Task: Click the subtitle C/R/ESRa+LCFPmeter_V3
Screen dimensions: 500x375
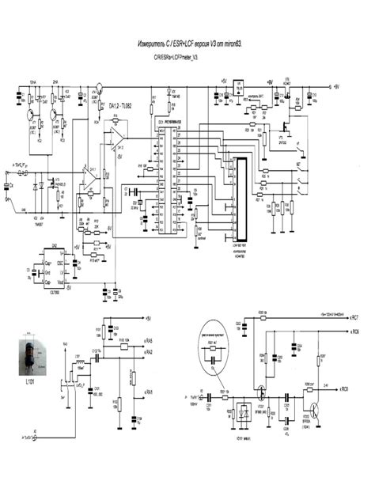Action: click(x=178, y=59)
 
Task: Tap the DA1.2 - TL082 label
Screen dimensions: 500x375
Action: click(x=123, y=105)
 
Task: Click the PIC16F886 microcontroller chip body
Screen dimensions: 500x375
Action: click(x=169, y=182)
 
